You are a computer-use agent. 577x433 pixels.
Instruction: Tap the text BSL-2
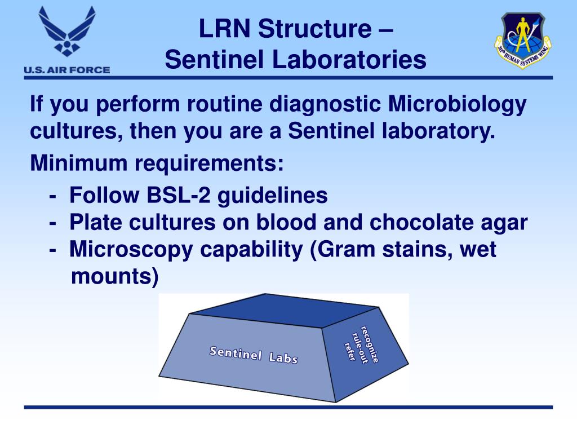pyautogui.click(x=179, y=196)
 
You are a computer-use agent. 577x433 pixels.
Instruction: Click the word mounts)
pyautogui.click(x=114, y=277)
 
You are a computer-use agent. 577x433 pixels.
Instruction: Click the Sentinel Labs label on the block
pyautogui.click(x=254, y=354)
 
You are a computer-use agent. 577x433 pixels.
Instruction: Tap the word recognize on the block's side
pyautogui.click(x=370, y=344)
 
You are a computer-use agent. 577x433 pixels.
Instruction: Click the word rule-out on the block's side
pyautogui.click(x=359, y=348)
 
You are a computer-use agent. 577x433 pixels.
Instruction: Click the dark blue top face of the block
pyautogui.click(x=282, y=311)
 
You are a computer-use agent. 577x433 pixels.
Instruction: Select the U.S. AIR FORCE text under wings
pyautogui.click(x=66, y=70)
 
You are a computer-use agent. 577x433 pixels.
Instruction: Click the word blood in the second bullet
pyautogui.click(x=285, y=223)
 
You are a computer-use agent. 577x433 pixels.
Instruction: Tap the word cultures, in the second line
pyautogui.click(x=77, y=132)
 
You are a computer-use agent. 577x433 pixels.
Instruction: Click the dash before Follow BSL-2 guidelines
pyautogui.click(x=52, y=196)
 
